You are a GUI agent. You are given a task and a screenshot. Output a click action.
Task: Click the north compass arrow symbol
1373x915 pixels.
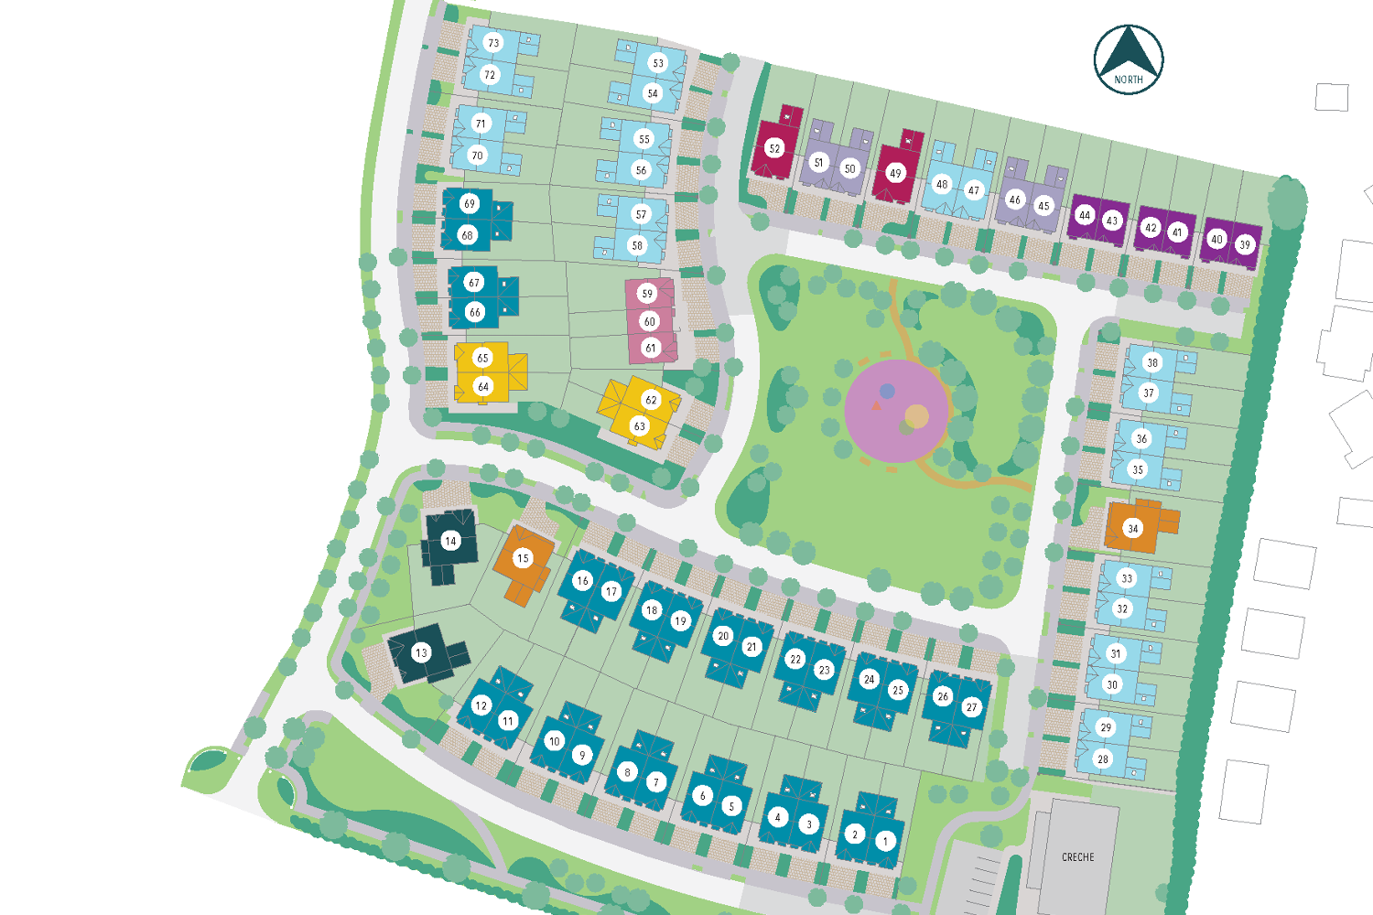click(x=1129, y=51)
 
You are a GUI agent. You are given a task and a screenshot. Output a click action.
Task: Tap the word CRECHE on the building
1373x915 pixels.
click(x=1077, y=857)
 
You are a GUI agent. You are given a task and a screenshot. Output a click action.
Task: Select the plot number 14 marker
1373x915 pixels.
click(x=450, y=541)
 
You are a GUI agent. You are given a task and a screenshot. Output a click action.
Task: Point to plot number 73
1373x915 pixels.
click(x=493, y=43)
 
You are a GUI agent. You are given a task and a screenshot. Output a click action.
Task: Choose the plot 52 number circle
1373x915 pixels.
click(x=774, y=148)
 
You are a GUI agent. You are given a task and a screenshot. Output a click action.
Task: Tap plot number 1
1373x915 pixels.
click(x=885, y=841)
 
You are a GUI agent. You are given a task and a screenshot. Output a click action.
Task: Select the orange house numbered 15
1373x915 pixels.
click(x=523, y=558)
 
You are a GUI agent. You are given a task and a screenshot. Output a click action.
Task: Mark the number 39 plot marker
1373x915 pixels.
click(x=1245, y=244)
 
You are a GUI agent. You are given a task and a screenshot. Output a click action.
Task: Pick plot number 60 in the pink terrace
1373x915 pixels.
click(x=649, y=321)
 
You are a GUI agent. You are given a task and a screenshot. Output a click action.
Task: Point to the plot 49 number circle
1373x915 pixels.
click(x=895, y=173)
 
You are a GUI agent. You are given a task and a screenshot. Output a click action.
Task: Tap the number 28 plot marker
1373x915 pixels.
click(x=1103, y=759)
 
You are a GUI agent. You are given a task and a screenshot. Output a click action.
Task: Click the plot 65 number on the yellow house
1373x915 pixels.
click(x=482, y=358)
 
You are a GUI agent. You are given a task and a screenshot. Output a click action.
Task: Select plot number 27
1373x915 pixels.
click(x=972, y=707)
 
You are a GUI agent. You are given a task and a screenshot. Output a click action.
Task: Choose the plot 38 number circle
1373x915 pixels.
click(x=1152, y=362)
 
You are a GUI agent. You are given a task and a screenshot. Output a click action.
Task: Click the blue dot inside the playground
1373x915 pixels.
click(x=887, y=392)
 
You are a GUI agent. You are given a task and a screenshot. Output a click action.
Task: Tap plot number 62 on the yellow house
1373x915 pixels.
click(x=651, y=400)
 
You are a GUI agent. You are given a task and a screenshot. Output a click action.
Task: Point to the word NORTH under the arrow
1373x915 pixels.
click(x=1129, y=80)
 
